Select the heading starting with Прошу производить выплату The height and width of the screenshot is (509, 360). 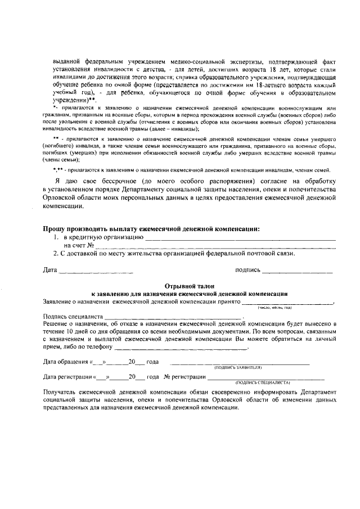tap(152, 229)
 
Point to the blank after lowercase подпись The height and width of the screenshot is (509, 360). tap(298, 272)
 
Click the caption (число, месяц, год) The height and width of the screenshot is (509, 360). tap(274, 308)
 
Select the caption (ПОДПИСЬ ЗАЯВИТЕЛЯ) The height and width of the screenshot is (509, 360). tap(238, 367)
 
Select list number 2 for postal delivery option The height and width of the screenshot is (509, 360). tap(49, 254)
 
